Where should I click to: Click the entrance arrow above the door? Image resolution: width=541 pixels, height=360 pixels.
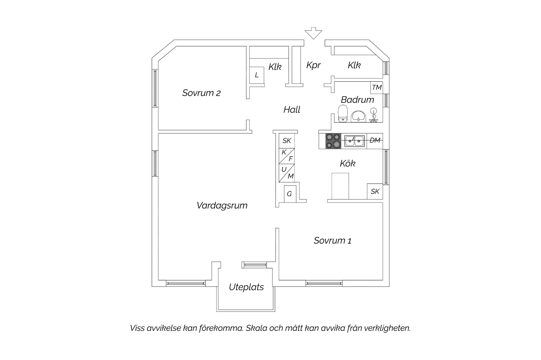point(313,33)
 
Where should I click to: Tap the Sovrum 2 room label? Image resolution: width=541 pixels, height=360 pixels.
point(201,93)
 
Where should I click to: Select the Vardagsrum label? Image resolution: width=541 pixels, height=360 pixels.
point(222,205)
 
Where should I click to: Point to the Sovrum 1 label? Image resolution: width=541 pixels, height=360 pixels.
point(332,240)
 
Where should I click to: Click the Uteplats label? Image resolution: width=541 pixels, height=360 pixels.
point(246,287)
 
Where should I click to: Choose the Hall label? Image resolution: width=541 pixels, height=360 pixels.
point(292,110)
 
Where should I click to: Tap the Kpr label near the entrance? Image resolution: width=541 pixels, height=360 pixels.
point(313,65)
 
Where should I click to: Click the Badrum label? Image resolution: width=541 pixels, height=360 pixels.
point(357,99)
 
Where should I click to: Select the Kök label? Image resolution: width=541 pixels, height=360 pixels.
point(348,164)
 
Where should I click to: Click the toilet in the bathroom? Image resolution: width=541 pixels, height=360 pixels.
point(343,114)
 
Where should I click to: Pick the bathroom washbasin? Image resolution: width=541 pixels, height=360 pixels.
point(358,116)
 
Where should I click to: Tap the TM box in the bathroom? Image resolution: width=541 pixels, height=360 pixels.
point(377,88)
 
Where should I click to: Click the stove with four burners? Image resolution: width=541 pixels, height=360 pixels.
point(333,141)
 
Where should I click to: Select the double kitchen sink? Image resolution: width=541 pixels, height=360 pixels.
point(354,141)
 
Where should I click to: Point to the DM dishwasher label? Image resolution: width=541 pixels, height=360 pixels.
point(375,141)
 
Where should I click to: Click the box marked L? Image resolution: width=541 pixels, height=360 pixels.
point(257,75)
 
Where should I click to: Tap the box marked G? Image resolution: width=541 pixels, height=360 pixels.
point(289,194)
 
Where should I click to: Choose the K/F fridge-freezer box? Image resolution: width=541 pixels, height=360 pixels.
point(287,156)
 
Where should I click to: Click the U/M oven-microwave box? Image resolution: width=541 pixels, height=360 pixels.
point(287,173)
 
